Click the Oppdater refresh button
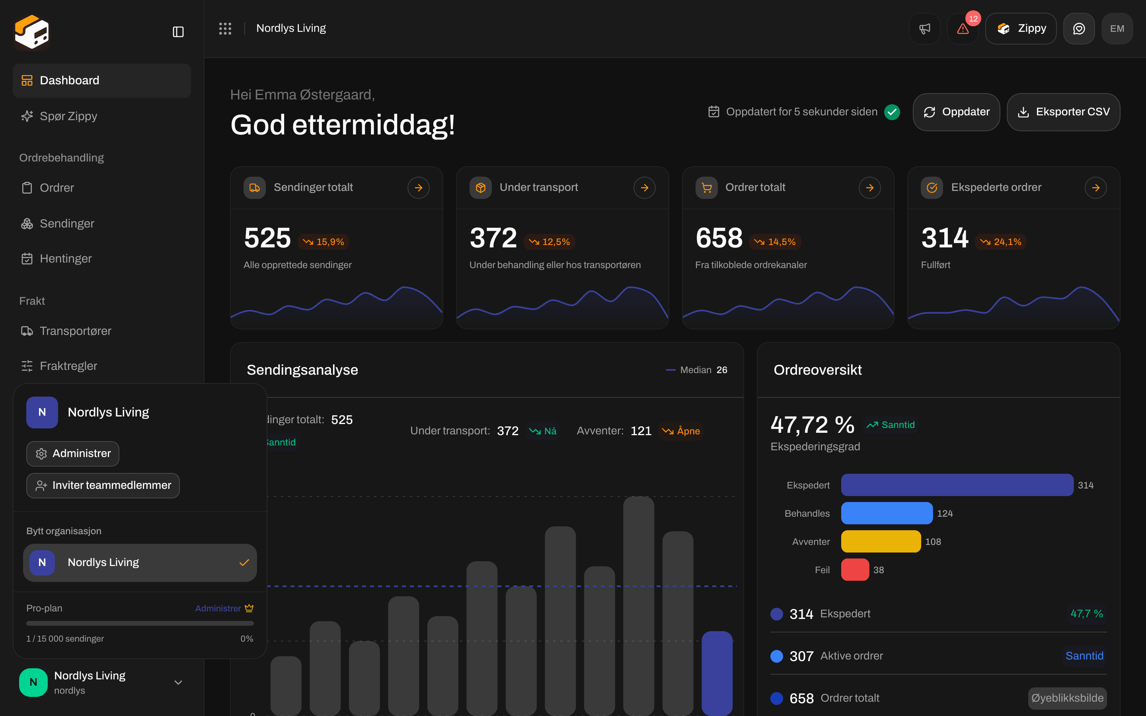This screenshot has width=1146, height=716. (x=956, y=112)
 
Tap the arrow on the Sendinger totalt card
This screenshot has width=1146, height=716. (x=419, y=187)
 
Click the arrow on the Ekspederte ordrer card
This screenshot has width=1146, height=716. (x=1096, y=187)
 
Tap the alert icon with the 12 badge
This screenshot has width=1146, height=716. (x=963, y=28)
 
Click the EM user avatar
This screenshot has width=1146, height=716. (x=1117, y=28)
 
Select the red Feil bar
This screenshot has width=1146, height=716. (x=855, y=570)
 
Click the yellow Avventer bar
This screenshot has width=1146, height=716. (x=881, y=541)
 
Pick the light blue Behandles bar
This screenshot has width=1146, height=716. (x=887, y=513)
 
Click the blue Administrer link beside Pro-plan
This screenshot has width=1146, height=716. (x=218, y=609)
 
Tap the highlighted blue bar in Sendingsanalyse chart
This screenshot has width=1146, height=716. (x=717, y=673)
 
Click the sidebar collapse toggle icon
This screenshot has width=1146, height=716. (x=178, y=32)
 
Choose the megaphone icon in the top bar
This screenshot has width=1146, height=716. (x=925, y=28)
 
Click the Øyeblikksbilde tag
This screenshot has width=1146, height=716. (x=1067, y=698)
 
